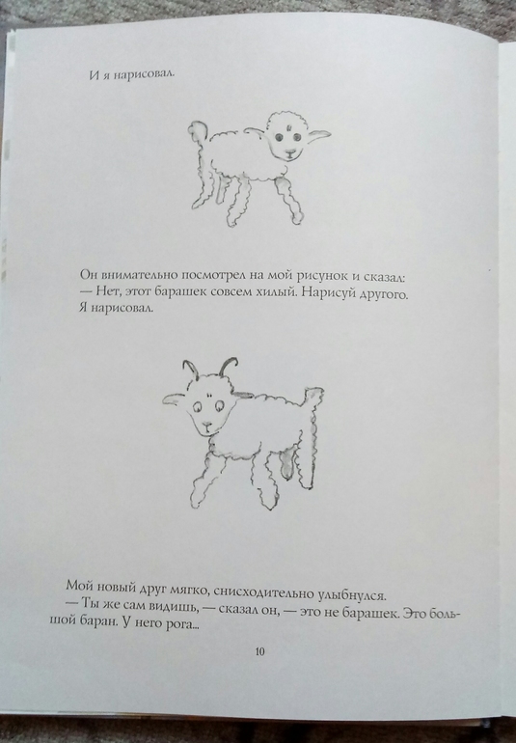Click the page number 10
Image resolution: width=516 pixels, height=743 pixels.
(x=259, y=652)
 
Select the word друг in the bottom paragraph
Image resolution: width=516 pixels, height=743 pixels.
(x=153, y=587)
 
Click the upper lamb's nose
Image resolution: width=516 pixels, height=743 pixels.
(x=288, y=153)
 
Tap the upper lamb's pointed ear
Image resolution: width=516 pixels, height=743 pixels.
(x=318, y=134)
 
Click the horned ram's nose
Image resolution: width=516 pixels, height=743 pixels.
(x=206, y=424)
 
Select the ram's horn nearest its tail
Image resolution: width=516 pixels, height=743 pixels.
(x=229, y=366)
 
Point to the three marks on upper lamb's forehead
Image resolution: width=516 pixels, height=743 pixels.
(x=286, y=126)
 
